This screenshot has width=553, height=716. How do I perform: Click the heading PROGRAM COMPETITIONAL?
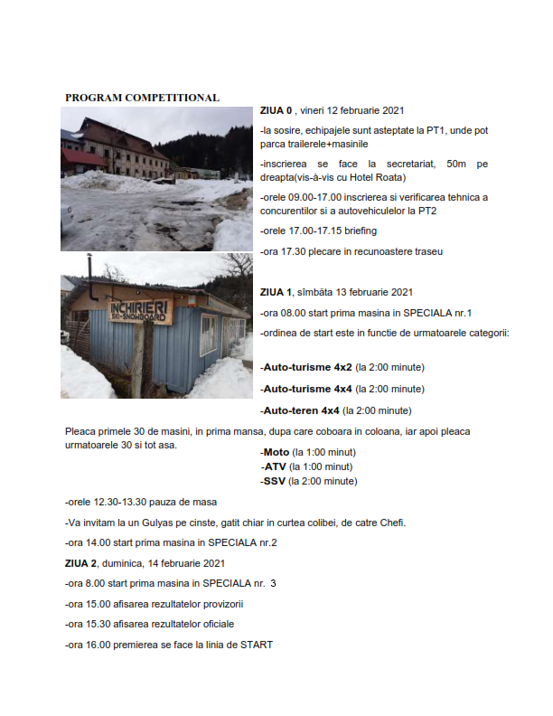pyautogui.click(x=142, y=97)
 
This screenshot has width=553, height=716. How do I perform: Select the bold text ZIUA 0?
pyautogui.click(x=276, y=111)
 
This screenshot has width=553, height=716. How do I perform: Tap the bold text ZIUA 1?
pyautogui.click(x=276, y=292)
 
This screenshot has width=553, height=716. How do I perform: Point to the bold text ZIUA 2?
pyautogui.click(x=81, y=563)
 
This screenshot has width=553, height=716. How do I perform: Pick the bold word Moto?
pyautogui.click(x=276, y=452)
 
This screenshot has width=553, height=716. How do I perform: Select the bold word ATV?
pyautogui.click(x=274, y=466)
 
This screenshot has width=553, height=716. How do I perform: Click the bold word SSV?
pyautogui.click(x=275, y=481)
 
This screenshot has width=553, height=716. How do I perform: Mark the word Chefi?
pyautogui.click(x=391, y=523)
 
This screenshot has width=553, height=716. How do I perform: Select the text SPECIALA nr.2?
pyautogui.click(x=242, y=542)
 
